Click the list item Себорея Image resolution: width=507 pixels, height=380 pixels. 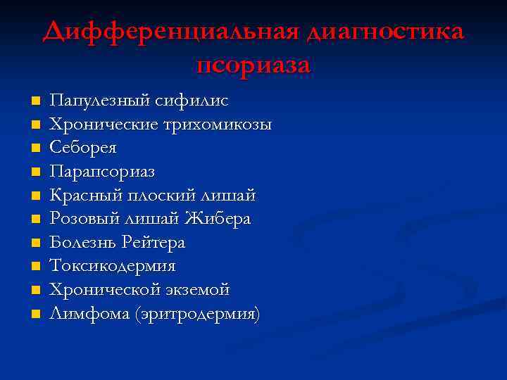tap(83, 148)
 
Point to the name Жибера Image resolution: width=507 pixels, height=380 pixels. tap(218, 220)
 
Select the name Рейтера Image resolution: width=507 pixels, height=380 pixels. tap(153, 243)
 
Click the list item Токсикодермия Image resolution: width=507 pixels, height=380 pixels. tap(113, 267)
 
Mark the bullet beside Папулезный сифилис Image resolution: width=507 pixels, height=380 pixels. tap(35, 101)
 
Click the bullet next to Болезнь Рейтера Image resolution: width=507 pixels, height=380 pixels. tap(35, 243)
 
